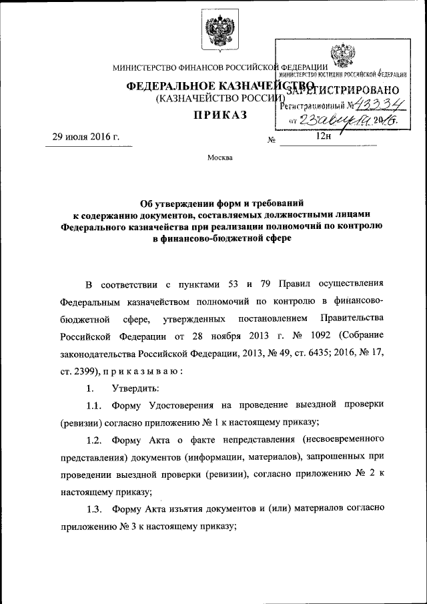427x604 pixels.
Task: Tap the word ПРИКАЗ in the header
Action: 220,115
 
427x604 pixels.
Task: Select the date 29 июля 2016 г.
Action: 82,137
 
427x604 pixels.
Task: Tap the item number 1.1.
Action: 95,405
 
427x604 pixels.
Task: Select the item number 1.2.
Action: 95,440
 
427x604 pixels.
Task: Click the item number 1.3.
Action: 95,509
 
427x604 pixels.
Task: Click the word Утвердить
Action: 135,388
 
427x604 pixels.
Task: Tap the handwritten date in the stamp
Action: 334,119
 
